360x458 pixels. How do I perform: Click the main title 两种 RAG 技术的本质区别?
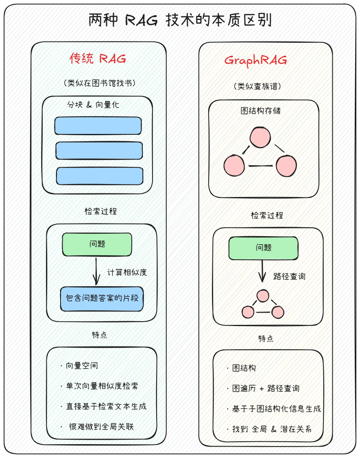coord(180,20)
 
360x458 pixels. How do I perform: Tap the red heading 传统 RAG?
coord(98,58)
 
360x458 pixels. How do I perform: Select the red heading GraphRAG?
coord(256,61)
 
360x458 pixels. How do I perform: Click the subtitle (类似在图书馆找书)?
coord(100,83)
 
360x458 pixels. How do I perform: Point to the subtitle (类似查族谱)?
coord(257,86)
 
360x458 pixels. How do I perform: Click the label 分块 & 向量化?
coord(93,105)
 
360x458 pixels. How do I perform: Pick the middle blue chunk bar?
coord(99,151)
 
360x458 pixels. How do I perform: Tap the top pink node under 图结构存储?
coord(260,137)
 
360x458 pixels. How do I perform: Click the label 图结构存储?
coord(260,111)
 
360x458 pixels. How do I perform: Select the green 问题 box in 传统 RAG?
coord(97,245)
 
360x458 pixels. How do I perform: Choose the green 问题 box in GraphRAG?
coord(263,248)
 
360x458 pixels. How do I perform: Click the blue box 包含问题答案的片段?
coord(102,299)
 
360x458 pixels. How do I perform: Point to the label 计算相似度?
coord(127,272)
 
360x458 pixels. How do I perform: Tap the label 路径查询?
coord(289,276)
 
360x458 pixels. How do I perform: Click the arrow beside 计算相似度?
coord(96,272)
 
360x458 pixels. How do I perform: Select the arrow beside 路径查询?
coord(262,272)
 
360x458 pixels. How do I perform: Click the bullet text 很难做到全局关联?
coord(101,427)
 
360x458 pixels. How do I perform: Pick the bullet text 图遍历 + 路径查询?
coord(266,388)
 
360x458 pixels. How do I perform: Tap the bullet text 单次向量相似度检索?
coord(102,386)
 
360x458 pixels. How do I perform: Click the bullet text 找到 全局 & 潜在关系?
coord(272,429)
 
